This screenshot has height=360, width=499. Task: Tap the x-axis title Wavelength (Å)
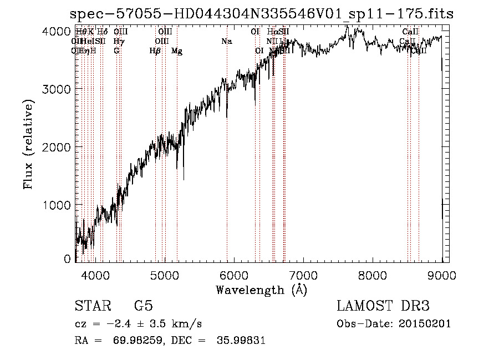click(x=261, y=290)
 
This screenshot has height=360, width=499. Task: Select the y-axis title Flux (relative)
click(x=28, y=145)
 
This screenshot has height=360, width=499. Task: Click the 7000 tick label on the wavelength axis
click(x=303, y=274)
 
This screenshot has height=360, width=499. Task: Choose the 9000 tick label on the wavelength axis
click(x=442, y=274)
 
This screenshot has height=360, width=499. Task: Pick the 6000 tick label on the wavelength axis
click(x=234, y=274)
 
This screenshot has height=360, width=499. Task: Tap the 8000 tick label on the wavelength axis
click(x=373, y=274)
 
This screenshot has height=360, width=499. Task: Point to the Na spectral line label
click(x=226, y=42)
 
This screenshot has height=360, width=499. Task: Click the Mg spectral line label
click(x=177, y=51)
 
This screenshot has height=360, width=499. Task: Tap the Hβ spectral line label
click(x=155, y=51)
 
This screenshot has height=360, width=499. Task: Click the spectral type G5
click(x=143, y=306)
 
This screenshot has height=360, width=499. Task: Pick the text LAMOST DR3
click(x=383, y=306)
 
